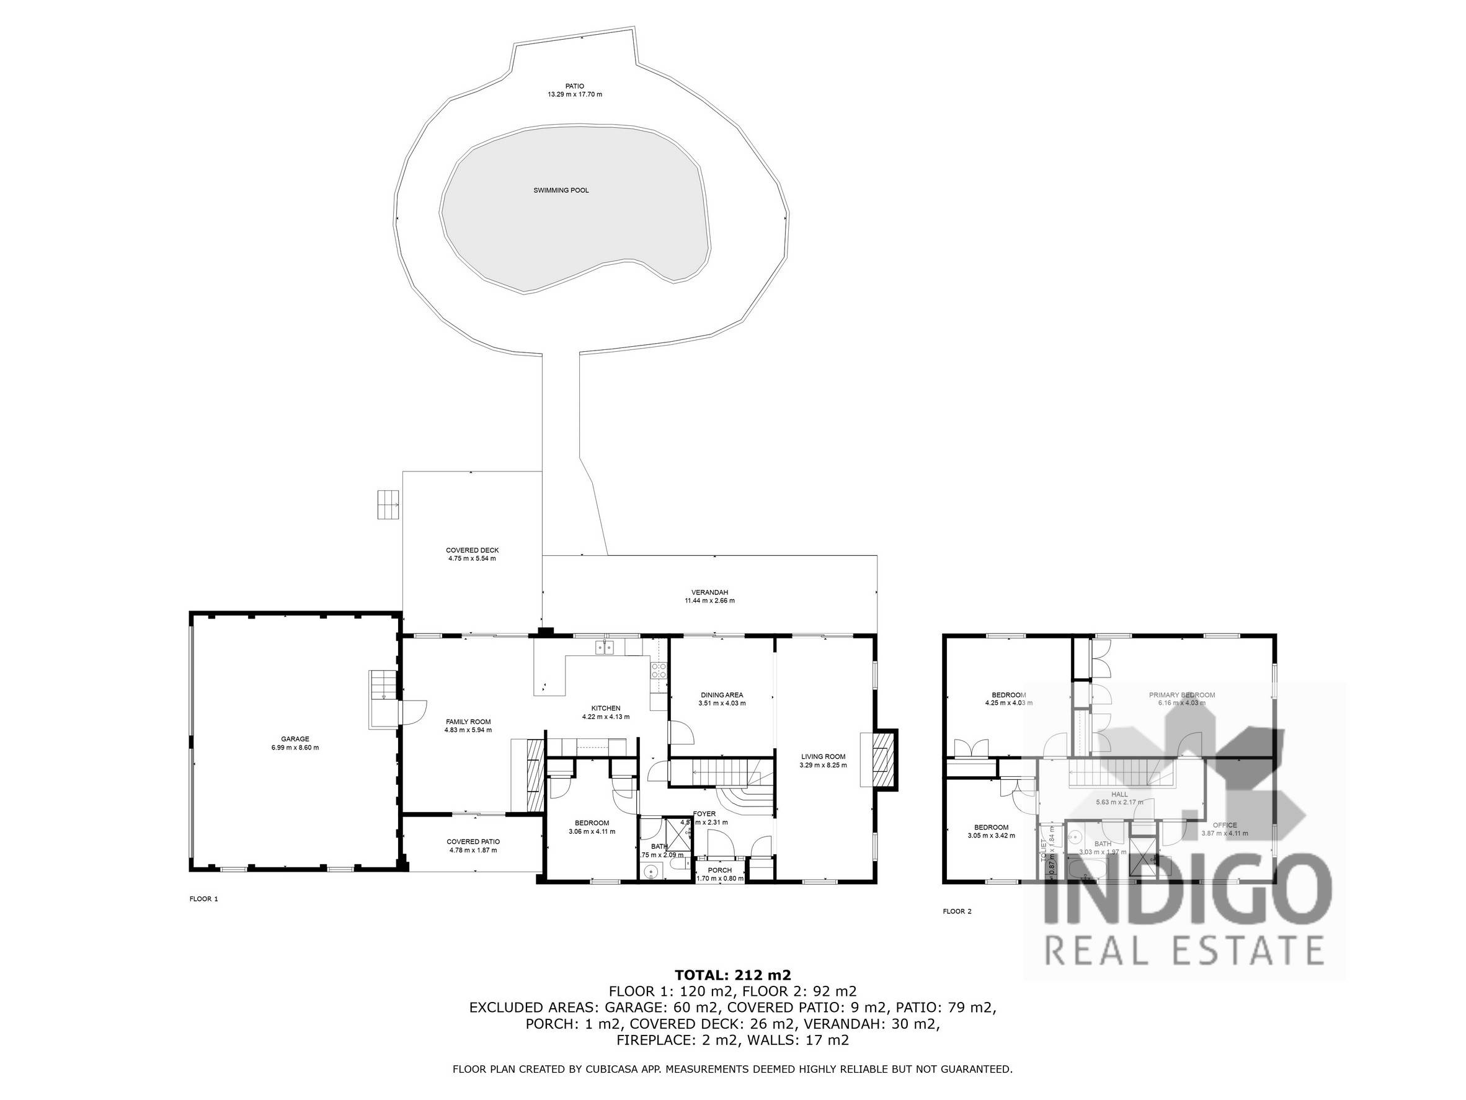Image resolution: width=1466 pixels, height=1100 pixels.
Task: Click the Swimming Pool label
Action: [x=561, y=191]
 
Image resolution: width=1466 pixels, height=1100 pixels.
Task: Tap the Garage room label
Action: [x=295, y=739]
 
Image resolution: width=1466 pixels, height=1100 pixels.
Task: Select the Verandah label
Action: [x=709, y=592]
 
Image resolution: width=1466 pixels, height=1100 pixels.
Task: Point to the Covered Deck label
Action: [x=472, y=550]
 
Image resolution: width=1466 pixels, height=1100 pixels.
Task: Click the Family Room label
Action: [x=468, y=722]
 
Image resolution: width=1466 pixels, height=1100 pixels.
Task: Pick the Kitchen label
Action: [x=605, y=709]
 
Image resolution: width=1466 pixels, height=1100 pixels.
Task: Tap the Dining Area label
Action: [x=722, y=695]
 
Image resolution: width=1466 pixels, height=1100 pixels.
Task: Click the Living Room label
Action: [x=823, y=756]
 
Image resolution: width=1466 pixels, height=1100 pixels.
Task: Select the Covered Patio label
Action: [x=473, y=842]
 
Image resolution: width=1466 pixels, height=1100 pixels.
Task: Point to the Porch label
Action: [x=720, y=870]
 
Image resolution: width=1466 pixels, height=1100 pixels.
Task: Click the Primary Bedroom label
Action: [x=1182, y=695]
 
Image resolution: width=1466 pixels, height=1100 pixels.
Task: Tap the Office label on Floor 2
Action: [x=1224, y=826]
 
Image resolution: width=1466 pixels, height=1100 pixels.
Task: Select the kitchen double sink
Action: [x=605, y=646]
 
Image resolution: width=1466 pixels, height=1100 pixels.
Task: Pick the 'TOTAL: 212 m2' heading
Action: [x=732, y=975]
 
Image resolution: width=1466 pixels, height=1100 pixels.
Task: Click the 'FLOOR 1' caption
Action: [x=203, y=899]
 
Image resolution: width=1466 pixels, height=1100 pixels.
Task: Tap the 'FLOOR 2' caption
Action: [x=957, y=911]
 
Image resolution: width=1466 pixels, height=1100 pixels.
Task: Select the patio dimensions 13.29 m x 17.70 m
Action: [x=575, y=95]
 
